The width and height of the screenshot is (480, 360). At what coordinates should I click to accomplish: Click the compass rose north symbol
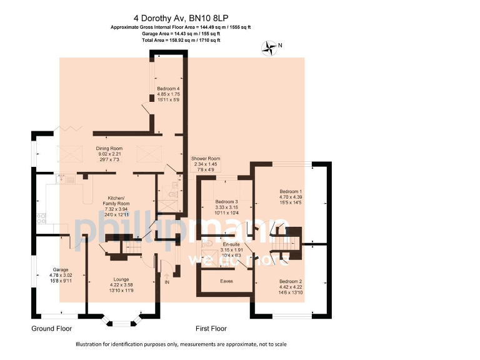point(271,46)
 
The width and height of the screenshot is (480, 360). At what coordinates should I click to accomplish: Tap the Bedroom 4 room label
point(168,89)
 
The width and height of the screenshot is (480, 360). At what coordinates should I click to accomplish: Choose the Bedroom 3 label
point(227,202)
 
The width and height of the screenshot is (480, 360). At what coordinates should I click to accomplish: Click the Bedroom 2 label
point(291,281)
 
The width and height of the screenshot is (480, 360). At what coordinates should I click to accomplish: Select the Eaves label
point(227,281)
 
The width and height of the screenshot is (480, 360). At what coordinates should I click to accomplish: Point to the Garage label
point(61,269)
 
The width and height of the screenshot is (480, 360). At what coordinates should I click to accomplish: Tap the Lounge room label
point(121,279)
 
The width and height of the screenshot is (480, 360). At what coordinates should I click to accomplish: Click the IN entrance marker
point(166,282)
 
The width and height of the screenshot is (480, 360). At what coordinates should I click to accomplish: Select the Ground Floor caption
point(52,328)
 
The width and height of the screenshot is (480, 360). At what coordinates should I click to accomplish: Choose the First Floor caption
point(211,328)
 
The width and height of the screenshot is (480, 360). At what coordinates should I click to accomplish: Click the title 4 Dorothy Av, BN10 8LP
point(180,19)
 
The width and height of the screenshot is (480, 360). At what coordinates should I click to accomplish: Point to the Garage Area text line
point(180,34)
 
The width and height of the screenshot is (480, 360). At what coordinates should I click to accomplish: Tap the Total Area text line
point(180,40)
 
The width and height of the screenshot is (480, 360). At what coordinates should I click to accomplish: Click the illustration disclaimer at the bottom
point(181,344)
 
